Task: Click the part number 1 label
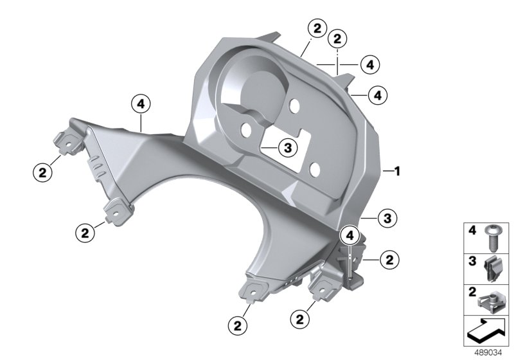[x=397, y=171]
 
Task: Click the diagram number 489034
[x=488, y=353]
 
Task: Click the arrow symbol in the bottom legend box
[x=486, y=330]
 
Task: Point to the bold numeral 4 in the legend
[x=472, y=231]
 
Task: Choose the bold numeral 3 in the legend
[x=472, y=261]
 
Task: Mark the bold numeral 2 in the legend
[x=472, y=292]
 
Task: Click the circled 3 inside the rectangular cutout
[x=287, y=148]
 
